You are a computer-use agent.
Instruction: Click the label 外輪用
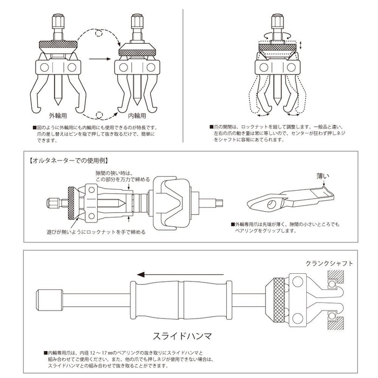[x=59, y=116]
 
